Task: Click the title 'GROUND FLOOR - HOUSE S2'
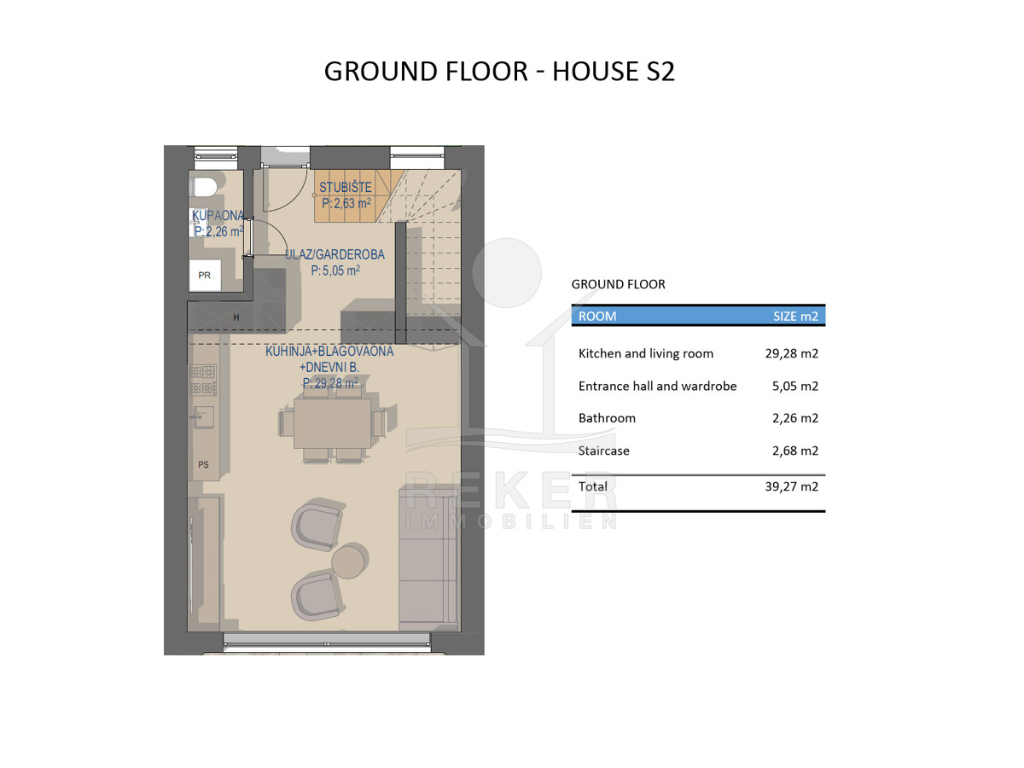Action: coord(499,72)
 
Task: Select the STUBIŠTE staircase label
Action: coord(346,188)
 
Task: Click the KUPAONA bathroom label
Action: coord(218,215)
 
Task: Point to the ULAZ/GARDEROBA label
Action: coord(335,254)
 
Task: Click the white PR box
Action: coord(205,275)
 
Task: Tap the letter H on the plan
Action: coord(236,317)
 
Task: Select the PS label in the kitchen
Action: coord(203,464)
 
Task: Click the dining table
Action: coord(332,423)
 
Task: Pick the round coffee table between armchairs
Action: coord(351,561)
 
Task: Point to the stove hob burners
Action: coord(203,380)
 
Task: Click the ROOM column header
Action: coord(597,316)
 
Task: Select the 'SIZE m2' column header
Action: coord(795,316)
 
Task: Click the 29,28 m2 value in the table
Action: coord(792,353)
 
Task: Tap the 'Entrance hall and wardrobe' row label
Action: coord(657,386)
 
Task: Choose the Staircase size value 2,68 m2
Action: coord(795,451)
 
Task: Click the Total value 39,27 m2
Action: coord(792,486)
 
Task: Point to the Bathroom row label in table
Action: coord(607,418)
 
